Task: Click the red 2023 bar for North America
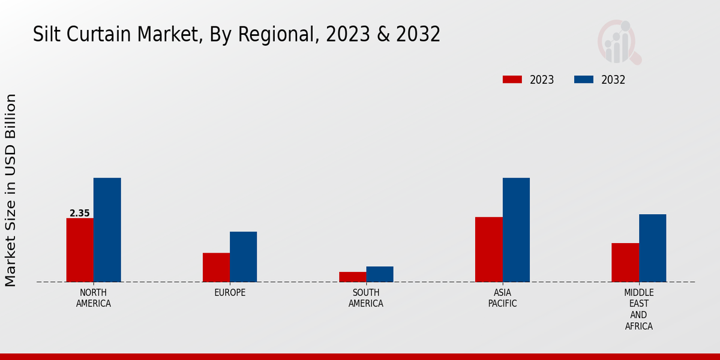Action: pyautogui.click(x=80, y=250)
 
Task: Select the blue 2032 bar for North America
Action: pyautogui.click(x=107, y=230)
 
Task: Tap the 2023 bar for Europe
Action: pyautogui.click(x=216, y=267)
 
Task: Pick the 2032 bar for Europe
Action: pyautogui.click(x=243, y=257)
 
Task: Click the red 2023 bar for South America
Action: pyautogui.click(x=352, y=277)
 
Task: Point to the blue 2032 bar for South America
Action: pyautogui.click(x=380, y=274)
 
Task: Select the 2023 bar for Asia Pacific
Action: pyautogui.click(x=488, y=249)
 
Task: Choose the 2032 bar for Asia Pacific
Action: pyautogui.click(x=516, y=230)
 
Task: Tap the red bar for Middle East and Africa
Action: pyautogui.click(x=625, y=262)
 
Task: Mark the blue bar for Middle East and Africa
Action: pyautogui.click(x=652, y=248)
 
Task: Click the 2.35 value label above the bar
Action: pyautogui.click(x=80, y=213)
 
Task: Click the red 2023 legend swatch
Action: pyautogui.click(x=512, y=80)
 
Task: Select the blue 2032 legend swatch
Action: pyautogui.click(x=583, y=80)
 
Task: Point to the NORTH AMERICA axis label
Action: pyautogui.click(x=94, y=298)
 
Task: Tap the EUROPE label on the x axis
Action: pyautogui.click(x=230, y=293)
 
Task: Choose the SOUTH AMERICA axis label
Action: pyautogui.click(x=366, y=298)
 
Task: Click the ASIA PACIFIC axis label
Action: pyautogui.click(x=502, y=298)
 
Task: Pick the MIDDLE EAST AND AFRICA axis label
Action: pyautogui.click(x=638, y=310)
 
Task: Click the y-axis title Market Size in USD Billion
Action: pyautogui.click(x=11, y=190)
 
